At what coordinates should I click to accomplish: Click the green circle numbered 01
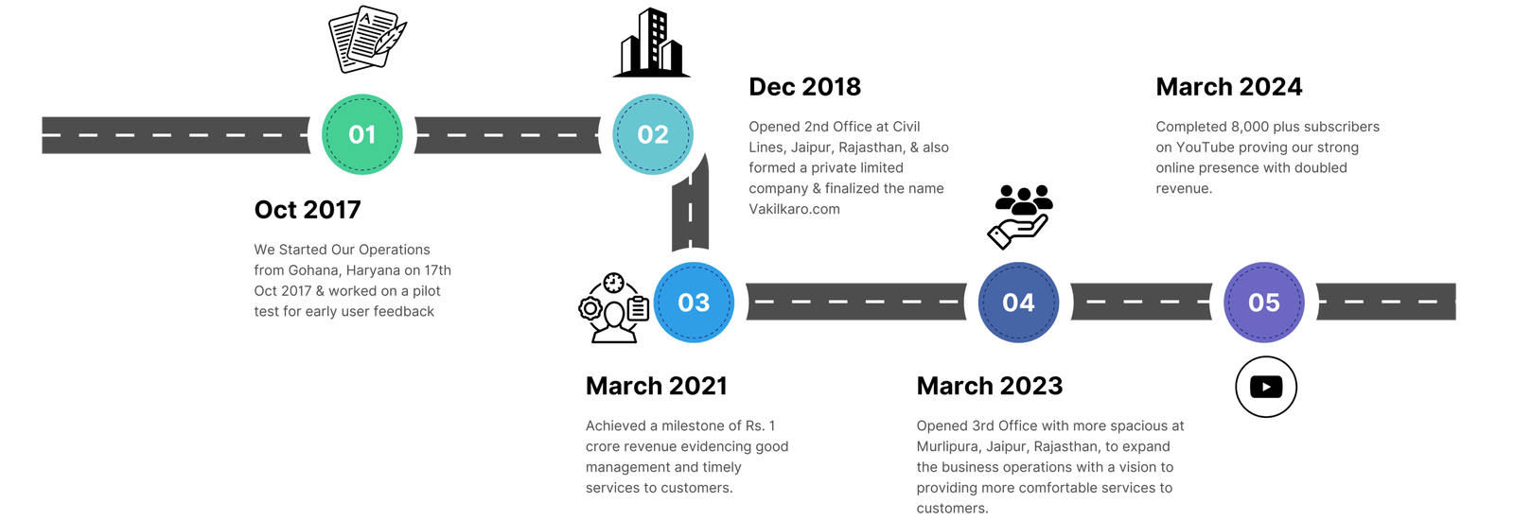click(x=362, y=134)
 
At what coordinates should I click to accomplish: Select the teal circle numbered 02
click(x=653, y=134)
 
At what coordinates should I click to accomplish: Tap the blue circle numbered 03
click(x=694, y=303)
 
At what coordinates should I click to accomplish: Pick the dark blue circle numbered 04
click(x=1018, y=303)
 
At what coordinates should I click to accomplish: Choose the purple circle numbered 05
click(x=1264, y=303)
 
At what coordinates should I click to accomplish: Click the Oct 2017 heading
click(x=308, y=210)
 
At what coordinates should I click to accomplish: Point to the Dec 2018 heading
click(x=804, y=87)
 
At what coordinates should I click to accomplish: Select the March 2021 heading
click(x=657, y=386)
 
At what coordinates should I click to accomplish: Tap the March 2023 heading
click(x=989, y=386)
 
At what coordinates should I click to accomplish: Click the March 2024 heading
click(x=1229, y=87)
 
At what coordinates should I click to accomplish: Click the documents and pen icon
click(x=366, y=40)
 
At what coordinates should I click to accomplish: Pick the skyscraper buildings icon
click(x=650, y=43)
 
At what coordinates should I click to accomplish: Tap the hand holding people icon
click(x=1019, y=214)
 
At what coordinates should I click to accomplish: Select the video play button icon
click(x=1265, y=388)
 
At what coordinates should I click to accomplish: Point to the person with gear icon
click(x=613, y=309)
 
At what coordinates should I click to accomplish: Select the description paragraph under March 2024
click(x=1267, y=157)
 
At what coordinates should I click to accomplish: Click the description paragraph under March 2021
click(x=687, y=457)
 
